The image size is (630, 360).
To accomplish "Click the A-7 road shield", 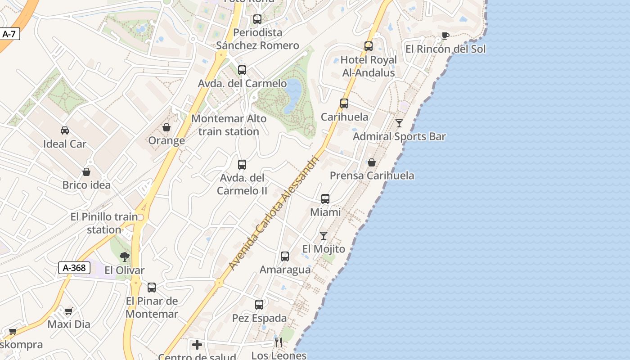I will click(9, 34).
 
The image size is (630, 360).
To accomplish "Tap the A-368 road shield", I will click(74, 268).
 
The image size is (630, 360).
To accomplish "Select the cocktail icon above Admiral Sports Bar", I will click(399, 123).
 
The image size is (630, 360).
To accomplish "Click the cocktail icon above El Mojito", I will click(324, 235).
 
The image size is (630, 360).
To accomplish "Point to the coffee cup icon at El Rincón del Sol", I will click(445, 36).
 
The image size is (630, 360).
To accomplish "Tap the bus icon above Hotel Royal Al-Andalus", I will click(369, 46).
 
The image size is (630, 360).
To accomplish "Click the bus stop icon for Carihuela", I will click(344, 103).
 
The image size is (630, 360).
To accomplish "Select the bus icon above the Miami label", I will click(325, 198).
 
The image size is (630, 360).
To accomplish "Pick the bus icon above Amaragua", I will click(285, 256).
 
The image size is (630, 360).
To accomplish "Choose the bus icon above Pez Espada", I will click(259, 305).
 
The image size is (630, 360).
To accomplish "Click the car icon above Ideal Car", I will click(65, 130).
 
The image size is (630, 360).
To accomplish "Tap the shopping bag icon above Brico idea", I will click(86, 172).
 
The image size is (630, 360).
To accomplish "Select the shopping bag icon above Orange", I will click(166, 127).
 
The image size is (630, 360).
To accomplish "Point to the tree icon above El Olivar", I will click(125, 257).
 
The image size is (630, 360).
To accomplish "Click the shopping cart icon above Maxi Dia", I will click(69, 311).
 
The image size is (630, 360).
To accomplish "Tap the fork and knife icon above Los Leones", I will click(279, 342).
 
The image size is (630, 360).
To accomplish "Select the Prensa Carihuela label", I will click(372, 175).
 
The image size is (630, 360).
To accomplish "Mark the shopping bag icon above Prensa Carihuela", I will click(372, 162).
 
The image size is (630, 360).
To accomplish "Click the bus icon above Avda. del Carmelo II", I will click(242, 165).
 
